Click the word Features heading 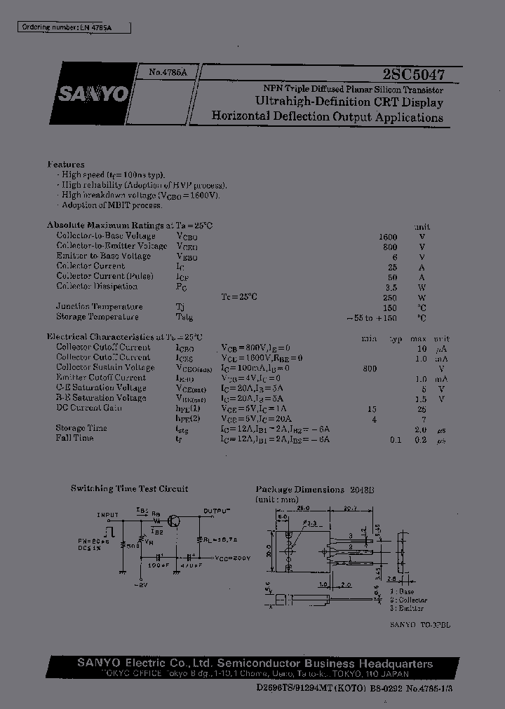pyautogui.click(x=66, y=164)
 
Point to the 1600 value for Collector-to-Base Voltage pyautogui.click(x=387, y=237)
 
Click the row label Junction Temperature pyautogui.click(x=99, y=306)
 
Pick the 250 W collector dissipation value pyautogui.click(x=390, y=296)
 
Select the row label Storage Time pyautogui.click(x=81, y=428)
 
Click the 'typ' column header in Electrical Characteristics pyautogui.click(x=396, y=338)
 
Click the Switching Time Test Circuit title pyautogui.click(x=129, y=489)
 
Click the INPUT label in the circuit pyautogui.click(x=108, y=515)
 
